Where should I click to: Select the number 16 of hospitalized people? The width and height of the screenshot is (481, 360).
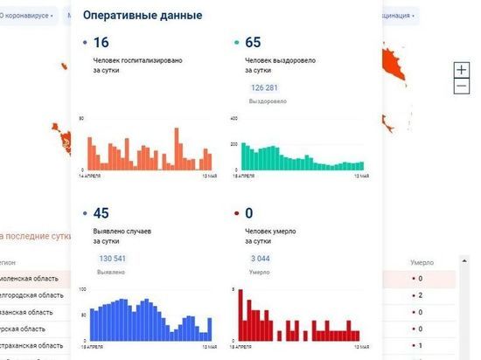[x=101, y=42]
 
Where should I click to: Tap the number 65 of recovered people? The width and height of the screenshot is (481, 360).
[x=254, y=42]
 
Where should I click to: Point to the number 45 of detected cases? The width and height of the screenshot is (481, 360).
[x=101, y=212]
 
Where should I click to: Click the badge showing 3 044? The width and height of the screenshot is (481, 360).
[x=261, y=258]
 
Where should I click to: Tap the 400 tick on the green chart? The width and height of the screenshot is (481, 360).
[x=234, y=118]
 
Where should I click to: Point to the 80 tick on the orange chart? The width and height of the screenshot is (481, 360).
[x=81, y=118]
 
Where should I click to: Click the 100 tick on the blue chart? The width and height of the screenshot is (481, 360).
[x=82, y=288]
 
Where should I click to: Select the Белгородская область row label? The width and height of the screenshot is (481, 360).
[x=31, y=295]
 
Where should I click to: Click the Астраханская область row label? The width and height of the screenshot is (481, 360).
[x=31, y=346]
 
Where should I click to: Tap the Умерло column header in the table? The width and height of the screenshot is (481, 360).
[x=423, y=262]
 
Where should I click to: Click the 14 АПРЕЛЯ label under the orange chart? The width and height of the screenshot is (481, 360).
[x=89, y=176]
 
